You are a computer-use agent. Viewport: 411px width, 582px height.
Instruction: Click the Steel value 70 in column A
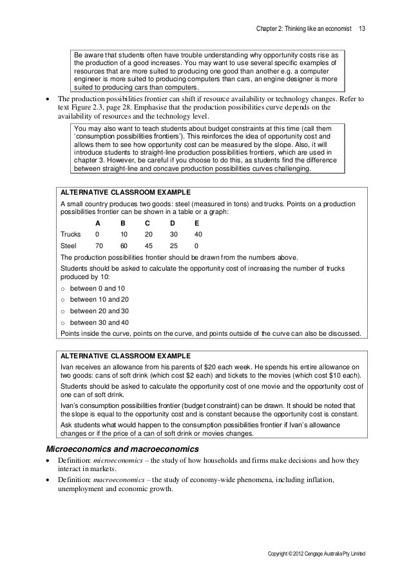coord(99,246)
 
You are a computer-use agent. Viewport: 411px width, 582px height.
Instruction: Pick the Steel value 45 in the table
coord(149,246)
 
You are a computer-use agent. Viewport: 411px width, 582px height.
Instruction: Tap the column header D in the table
coord(172,222)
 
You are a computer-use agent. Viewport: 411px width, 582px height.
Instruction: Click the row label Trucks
coord(70,234)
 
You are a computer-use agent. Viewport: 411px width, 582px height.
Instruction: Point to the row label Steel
coord(68,246)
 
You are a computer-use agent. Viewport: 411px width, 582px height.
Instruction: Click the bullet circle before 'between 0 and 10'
coord(62,287)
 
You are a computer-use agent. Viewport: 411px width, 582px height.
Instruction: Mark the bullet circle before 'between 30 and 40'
coord(62,322)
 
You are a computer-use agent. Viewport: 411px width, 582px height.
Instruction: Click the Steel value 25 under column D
coord(173,246)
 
